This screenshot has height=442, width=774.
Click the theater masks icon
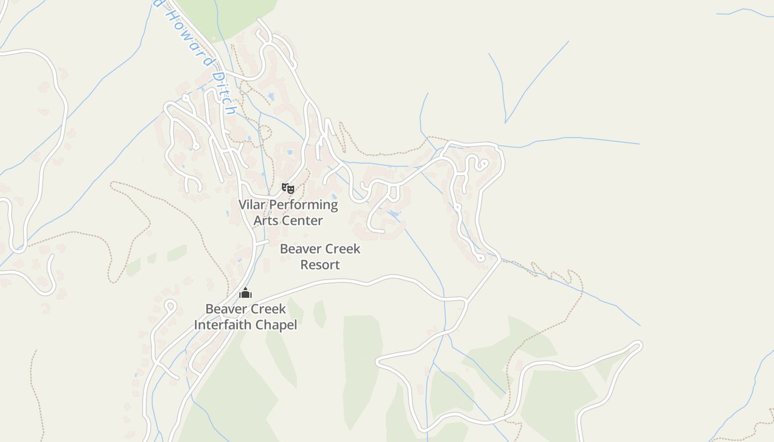click(287, 188)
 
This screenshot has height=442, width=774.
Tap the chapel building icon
click(245, 293)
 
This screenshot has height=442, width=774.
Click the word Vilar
click(252, 204)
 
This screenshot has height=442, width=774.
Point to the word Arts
click(265, 220)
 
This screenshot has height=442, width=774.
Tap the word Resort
click(320, 265)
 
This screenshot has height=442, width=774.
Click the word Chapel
click(277, 325)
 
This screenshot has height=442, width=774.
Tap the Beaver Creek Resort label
click(320, 256)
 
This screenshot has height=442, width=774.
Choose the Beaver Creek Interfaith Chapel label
click(245, 317)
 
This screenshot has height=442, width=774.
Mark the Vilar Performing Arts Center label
click(288, 213)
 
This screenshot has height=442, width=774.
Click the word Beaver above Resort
click(300, 249)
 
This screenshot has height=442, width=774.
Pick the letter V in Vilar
click(242, 204)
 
